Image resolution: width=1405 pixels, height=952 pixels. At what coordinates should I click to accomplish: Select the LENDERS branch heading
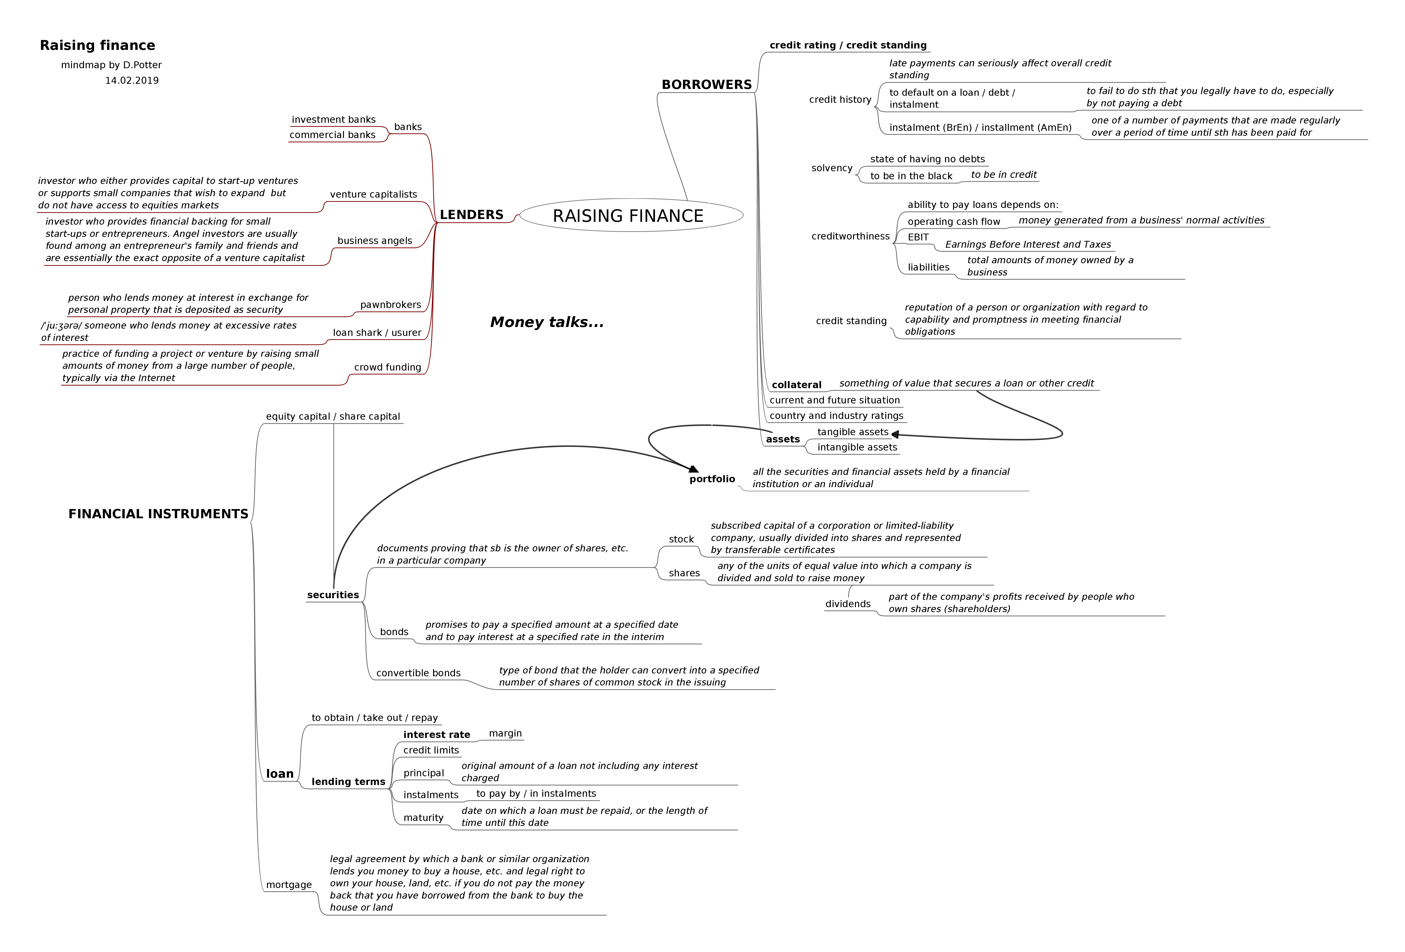471,215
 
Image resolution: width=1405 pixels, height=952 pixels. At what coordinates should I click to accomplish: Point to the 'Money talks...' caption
547,322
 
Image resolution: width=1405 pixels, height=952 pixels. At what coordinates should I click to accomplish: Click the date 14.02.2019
132,80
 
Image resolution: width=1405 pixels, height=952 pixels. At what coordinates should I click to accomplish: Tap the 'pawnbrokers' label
391,305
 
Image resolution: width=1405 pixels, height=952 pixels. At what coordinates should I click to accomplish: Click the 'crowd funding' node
387,367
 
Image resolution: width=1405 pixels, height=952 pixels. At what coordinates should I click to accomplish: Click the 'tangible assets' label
852,432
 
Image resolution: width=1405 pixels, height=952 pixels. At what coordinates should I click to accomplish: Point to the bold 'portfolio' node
712,479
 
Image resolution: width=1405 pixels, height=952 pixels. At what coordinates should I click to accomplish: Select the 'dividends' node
848,604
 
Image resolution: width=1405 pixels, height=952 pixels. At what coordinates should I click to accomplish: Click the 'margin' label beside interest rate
505,733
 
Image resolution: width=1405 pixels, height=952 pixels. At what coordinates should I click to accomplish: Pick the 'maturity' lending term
423,818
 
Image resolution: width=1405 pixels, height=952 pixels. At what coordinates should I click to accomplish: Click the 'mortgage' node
289,885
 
